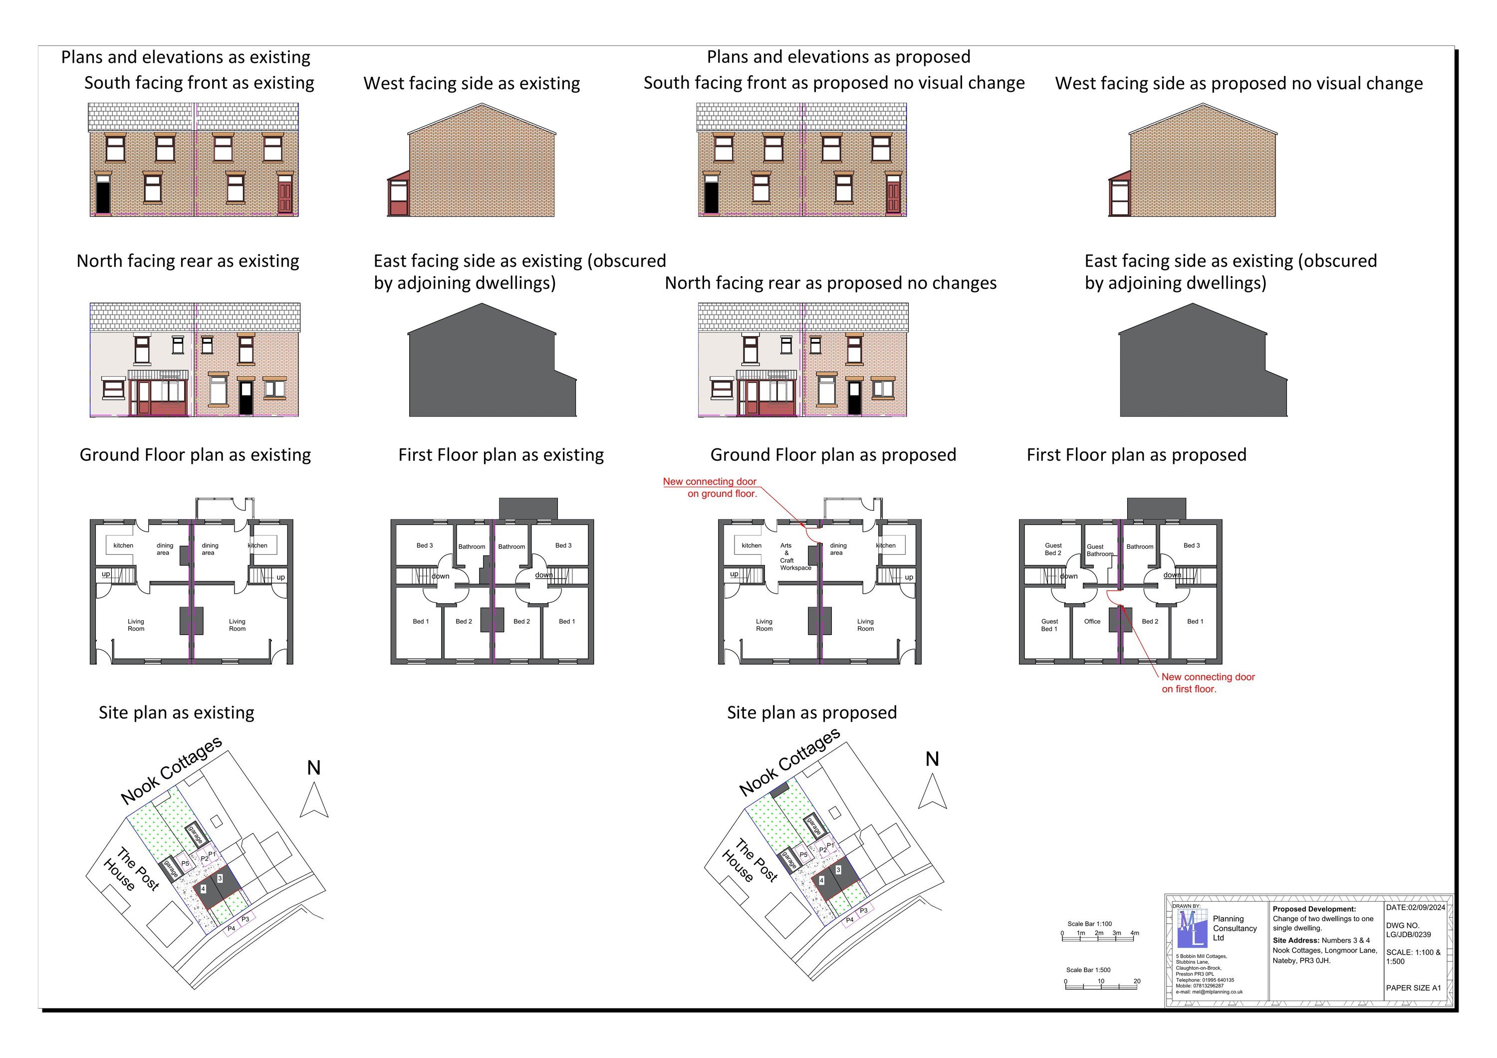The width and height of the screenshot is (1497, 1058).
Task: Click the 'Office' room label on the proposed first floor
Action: pyautogui.click(x=1092, y=622)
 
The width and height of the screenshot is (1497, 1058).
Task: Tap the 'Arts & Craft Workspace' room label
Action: pyautogui.click(x=795, y=556)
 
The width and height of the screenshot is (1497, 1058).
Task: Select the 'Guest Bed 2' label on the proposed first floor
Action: pyautogui.click(x=1053, y=549)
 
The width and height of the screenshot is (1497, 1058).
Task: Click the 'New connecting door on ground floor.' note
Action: pyautogui.click(x=710, y=487)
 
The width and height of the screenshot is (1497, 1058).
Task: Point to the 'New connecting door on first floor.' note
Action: pyautogui.click(x=1208, y=683)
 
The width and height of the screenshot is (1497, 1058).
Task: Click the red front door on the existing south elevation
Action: pyautogui.click(x=285, y=198)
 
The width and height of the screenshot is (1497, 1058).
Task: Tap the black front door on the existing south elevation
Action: pyautogui.click(x=103, y=198)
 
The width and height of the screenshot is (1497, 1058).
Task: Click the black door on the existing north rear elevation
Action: pyautogui.click(x=246, y=398)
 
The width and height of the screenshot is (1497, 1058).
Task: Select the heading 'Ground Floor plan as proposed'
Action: pyautogui.click(x=833, y=455)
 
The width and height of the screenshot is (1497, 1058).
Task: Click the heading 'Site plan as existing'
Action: pyautogui.click(x=176, y=712)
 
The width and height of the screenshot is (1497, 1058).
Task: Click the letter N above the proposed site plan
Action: pyautogui.click(x=932, y=759)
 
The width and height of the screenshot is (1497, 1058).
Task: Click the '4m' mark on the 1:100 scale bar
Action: pyautogui.click(x=1135, y=933)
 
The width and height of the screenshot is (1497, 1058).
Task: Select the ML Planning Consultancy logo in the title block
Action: pyautogui.click(x=1193, y=928)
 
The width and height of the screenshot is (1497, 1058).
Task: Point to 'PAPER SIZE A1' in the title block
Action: pyautogui.click(x=1414, y=988)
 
